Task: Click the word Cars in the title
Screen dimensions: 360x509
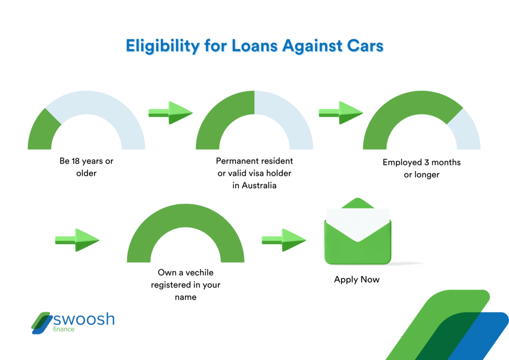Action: click(364, 46)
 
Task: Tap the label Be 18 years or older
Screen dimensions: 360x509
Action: click(86, 167)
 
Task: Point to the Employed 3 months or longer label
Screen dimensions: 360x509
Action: click(422, 169)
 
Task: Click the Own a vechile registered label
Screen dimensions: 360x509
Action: click(185, 284)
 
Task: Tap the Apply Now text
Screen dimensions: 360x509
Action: click(356, 279)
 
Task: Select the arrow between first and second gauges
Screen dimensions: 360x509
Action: click(170, 113)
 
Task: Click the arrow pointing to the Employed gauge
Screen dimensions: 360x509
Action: click(340, 113)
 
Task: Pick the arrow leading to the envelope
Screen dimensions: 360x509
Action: click(284, 240)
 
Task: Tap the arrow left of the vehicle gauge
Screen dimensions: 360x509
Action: click(77, 240)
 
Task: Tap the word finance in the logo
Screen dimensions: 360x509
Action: click(64, 329)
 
